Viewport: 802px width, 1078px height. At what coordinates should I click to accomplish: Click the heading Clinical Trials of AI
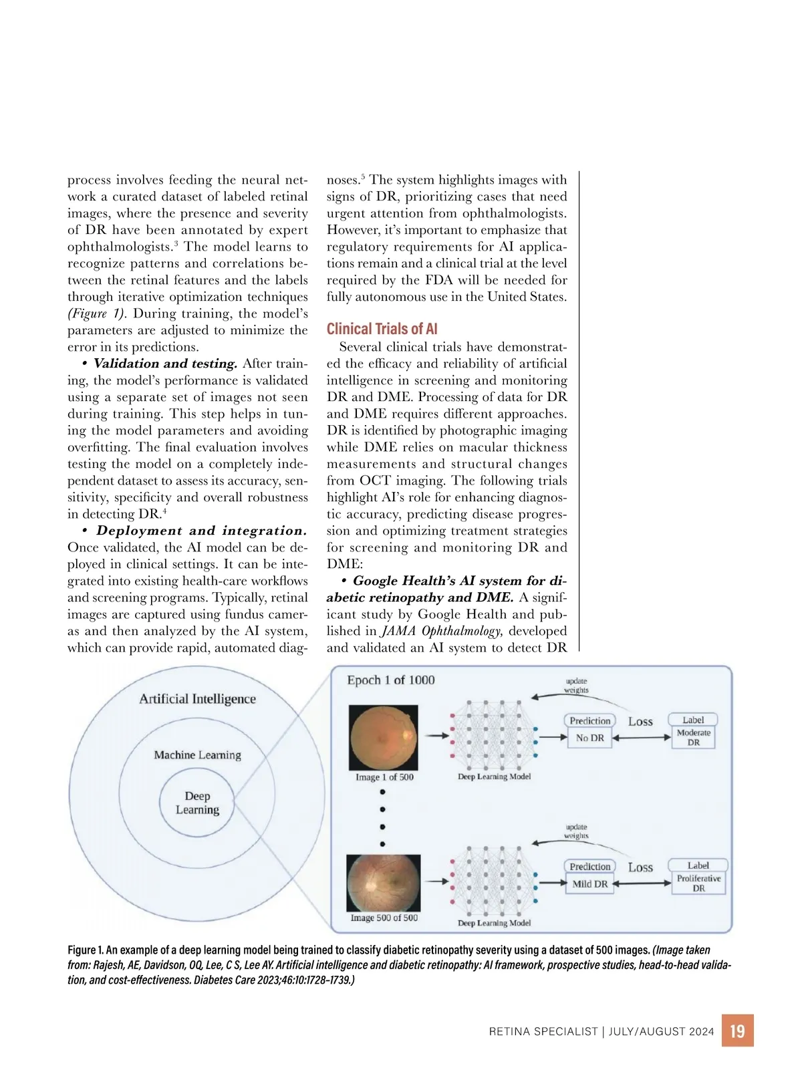click(382, 329)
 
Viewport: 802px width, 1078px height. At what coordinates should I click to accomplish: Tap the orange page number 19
click(737, 1031)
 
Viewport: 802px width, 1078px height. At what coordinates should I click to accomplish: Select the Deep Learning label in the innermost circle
click(197, 803)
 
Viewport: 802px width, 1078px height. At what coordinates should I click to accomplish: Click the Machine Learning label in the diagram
click(197, 755)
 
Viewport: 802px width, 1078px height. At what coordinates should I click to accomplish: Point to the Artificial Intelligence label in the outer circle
click(197, 698)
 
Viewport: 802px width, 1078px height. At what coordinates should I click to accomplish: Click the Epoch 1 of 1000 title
click(390, 680)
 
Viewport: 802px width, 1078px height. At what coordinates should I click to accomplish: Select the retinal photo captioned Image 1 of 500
click(384, 738)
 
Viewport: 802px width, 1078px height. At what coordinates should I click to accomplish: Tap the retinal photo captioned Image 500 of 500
click(384, 883)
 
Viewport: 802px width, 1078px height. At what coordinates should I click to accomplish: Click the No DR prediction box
click(589, 738)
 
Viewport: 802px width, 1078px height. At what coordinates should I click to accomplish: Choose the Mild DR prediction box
click(589, 884)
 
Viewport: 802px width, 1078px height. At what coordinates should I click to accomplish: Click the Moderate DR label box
click(693, 737)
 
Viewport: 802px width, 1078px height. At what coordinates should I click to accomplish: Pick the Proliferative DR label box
click(698, 883)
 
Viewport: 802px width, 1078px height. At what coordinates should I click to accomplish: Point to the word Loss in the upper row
click(640, 722)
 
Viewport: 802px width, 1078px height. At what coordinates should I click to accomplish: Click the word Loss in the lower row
click(640, 867)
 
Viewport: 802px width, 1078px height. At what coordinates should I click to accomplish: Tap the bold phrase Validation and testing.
click(165, 364)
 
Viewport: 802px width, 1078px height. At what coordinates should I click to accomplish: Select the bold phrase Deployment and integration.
click(201, 531)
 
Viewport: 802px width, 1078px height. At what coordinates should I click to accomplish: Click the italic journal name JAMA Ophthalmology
click(441, 631)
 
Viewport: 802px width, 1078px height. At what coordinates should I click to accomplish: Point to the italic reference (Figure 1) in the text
click(97, 313)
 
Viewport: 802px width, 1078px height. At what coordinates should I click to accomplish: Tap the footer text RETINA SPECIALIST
click(543, 1031)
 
